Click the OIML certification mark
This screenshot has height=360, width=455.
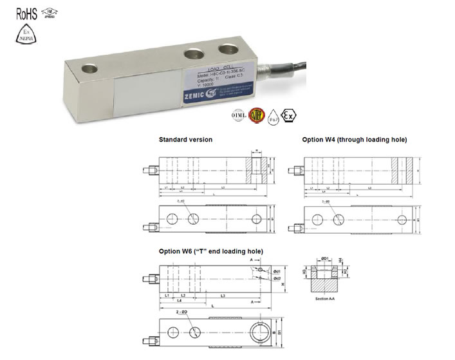pos(237,117)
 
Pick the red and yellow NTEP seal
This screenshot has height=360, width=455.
pos(256,117)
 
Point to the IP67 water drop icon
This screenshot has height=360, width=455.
pos(274,117)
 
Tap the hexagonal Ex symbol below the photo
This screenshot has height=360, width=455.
pos(292,117)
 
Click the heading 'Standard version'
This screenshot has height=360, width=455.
pos(185,140)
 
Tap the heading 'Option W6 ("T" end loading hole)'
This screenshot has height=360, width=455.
pos(210,251)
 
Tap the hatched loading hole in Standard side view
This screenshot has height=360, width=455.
pos(255,169)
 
